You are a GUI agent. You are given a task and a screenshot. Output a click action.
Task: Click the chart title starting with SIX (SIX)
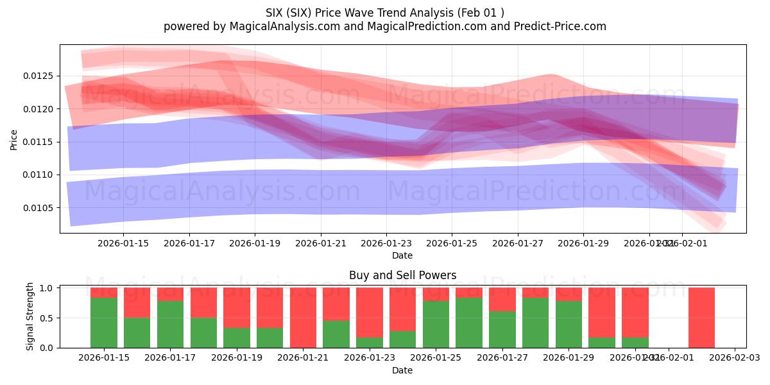coord(384,12)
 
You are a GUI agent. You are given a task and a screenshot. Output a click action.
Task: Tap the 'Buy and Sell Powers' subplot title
coord(402,275)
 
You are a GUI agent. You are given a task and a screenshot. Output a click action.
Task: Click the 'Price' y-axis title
coord(14,139)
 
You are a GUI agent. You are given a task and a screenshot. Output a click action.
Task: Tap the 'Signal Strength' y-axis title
coord(30,316)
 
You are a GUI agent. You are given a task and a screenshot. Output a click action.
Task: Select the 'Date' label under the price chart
coord(402,255)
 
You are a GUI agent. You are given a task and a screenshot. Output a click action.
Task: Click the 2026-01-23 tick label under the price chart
coord(386,243)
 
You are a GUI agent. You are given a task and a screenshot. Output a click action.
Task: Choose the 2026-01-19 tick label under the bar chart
coord(237,357)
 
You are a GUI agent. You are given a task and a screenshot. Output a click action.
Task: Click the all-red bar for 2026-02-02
coord(701,318)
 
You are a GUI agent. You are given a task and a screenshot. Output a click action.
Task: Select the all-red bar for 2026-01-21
coord(303,318)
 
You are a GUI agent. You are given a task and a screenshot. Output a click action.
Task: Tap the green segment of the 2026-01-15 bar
coord(104,323)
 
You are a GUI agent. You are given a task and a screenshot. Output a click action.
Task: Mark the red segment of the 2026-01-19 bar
coord(237,307)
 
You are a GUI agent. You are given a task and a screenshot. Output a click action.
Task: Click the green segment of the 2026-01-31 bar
coord(635,343)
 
